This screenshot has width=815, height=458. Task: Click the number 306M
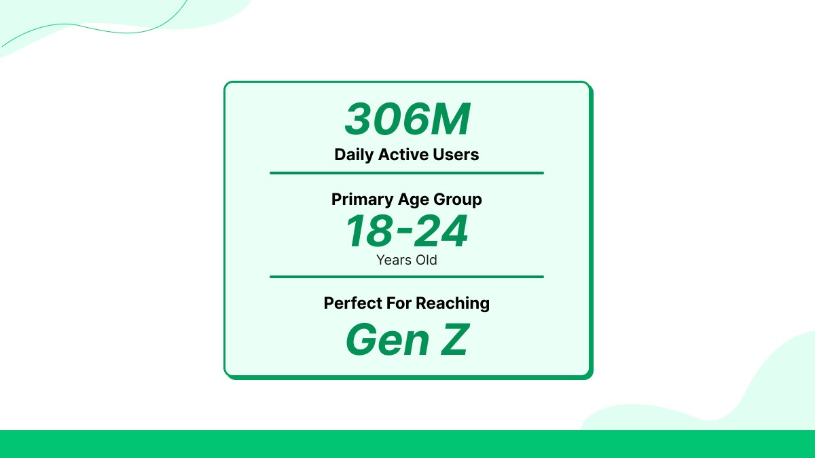point(407,120)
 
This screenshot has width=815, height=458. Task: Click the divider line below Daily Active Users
point(407,173)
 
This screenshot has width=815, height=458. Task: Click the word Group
point(458,200)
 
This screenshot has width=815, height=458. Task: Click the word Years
point(393,260)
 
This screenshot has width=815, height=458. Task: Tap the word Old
point(426,260)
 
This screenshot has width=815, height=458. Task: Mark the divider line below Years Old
point(407,277)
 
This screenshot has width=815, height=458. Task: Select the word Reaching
point(452,303)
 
